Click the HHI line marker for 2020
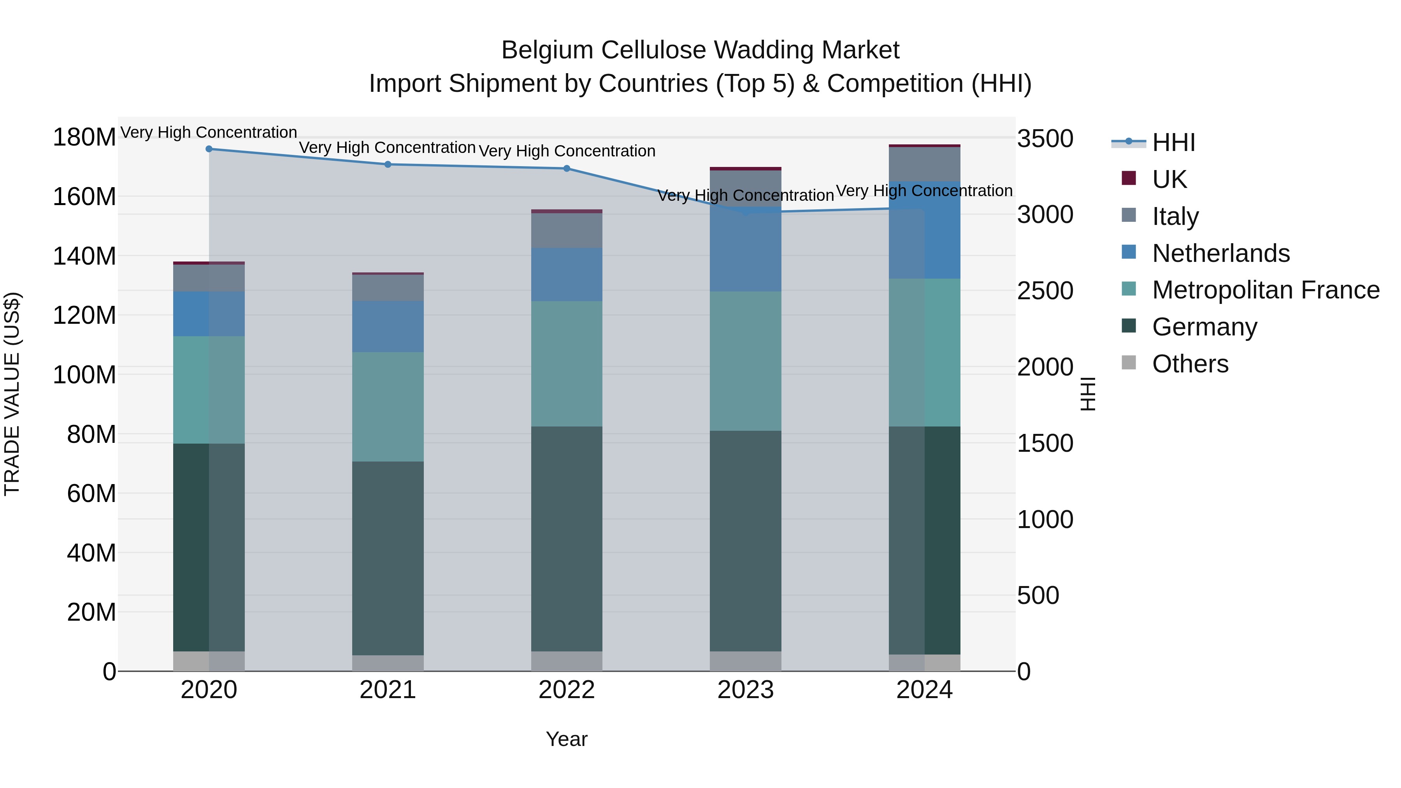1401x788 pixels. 209,149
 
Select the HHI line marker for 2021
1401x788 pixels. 388,164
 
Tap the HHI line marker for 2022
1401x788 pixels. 567,168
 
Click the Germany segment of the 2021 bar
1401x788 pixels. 388,558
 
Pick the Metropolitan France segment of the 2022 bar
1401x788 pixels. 567,363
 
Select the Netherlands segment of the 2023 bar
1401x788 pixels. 746,249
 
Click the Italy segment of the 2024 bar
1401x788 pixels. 925,164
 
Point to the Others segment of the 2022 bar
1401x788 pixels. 567,661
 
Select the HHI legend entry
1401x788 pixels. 1173,142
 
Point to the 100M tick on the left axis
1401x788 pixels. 84,375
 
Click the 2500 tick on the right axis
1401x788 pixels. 1045,291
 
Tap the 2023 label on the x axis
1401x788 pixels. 746,690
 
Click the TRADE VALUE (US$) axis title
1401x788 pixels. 12,394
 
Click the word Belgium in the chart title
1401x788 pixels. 547,50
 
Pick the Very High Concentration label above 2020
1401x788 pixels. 209,132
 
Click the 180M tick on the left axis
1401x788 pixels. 84,137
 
